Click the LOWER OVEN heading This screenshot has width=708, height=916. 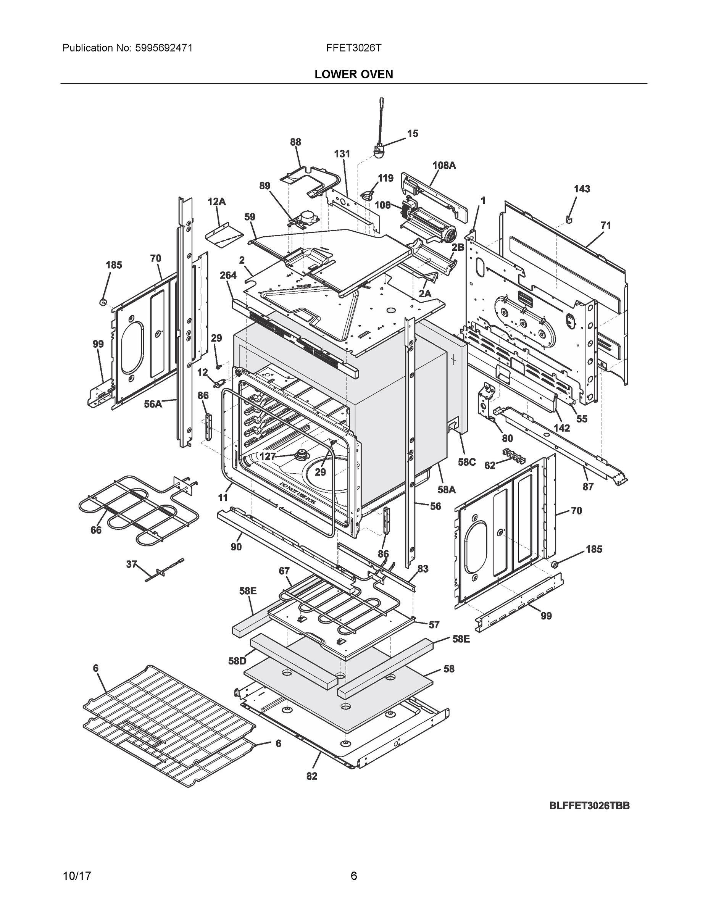[353, 74]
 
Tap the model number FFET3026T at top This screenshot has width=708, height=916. [353, 48]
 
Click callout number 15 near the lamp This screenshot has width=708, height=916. [413, 133]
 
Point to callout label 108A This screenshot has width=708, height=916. [444, 165]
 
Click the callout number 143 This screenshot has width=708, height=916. [582, 189]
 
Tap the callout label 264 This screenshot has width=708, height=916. [228, 275]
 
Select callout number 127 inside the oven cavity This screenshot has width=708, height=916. [268, 456]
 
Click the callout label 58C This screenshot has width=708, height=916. [467, 462]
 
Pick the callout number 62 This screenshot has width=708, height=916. [489, 465]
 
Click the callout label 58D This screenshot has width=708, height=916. [237, 661]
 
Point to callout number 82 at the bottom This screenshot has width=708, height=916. [312, 776]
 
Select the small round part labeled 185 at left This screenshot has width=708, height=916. [102, 302]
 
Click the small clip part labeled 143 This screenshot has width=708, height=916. [569, 219]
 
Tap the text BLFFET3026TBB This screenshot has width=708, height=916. [589, 806]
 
